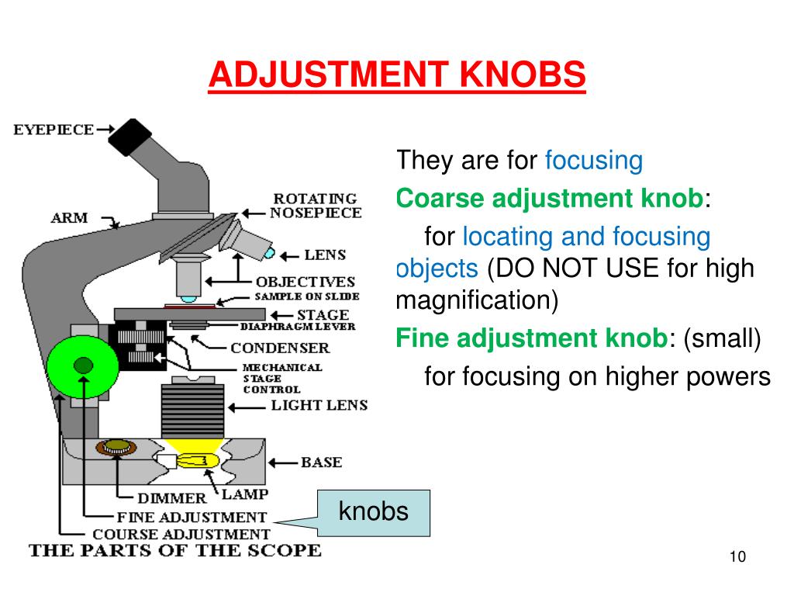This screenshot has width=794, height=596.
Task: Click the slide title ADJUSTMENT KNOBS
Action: tap(396, 75)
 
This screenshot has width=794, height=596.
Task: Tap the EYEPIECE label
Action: tap(54, 130)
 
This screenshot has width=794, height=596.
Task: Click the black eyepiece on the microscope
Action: tap(129, 137)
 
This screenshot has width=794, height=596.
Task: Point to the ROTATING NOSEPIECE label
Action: tap(315, 206)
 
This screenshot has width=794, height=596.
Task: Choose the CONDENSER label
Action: tap(279, 348)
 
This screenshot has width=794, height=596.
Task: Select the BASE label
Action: tap(321, 463)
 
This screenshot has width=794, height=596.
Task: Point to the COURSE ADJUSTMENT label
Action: tap(181, 534)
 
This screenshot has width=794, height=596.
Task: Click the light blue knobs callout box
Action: tap(373, 512)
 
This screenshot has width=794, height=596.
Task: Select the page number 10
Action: tap(737, 557)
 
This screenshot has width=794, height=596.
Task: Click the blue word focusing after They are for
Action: tap(594, 161)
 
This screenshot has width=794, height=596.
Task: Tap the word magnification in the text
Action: tap(477, 300)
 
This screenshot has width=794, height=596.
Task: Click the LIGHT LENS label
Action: tap(319, 405)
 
